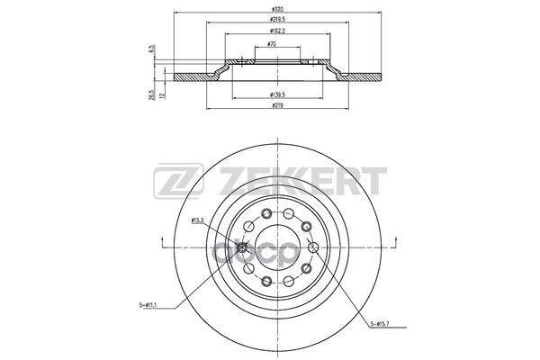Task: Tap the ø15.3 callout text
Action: pyautogui.click(x=197, y=220)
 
